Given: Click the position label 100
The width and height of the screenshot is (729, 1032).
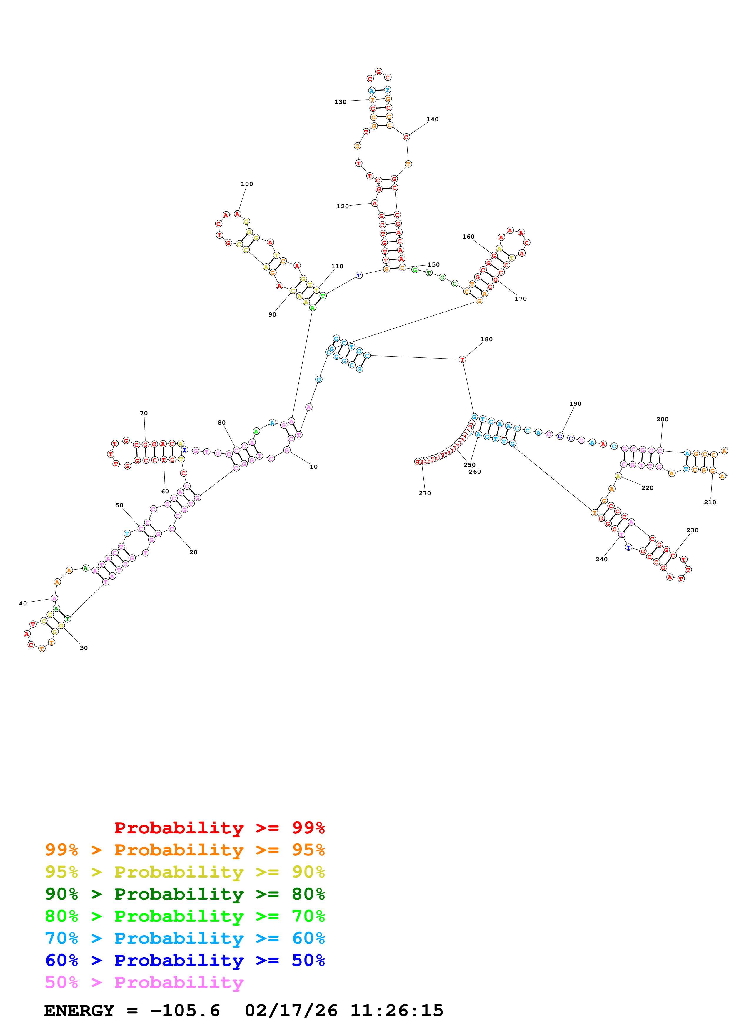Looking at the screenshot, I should click(247, 184).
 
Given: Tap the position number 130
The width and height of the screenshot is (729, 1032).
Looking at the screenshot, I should click(340, 102).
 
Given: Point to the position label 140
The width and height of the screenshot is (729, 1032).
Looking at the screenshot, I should click(432, 119).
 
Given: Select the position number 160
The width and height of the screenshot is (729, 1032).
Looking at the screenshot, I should click(468, 237).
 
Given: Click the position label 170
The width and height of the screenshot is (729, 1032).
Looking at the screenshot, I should click(520, 299).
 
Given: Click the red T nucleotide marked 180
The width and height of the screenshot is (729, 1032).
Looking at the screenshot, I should click(462, 359).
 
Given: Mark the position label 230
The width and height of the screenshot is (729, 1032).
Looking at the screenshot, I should click(692, 530).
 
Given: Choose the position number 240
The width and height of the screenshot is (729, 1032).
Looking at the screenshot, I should click(601, 559).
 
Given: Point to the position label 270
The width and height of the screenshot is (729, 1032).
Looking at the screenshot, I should click(424, 493).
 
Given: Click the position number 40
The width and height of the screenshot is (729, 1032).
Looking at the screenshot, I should click(23, 603).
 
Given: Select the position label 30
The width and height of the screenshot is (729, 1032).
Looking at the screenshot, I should click(84, 648).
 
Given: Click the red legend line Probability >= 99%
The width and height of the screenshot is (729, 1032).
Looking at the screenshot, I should click(219, 828).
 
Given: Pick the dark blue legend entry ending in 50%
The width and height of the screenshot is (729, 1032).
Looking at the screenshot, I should click(185, 960).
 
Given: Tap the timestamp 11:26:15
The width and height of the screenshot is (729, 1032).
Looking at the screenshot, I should click(397, 1011).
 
